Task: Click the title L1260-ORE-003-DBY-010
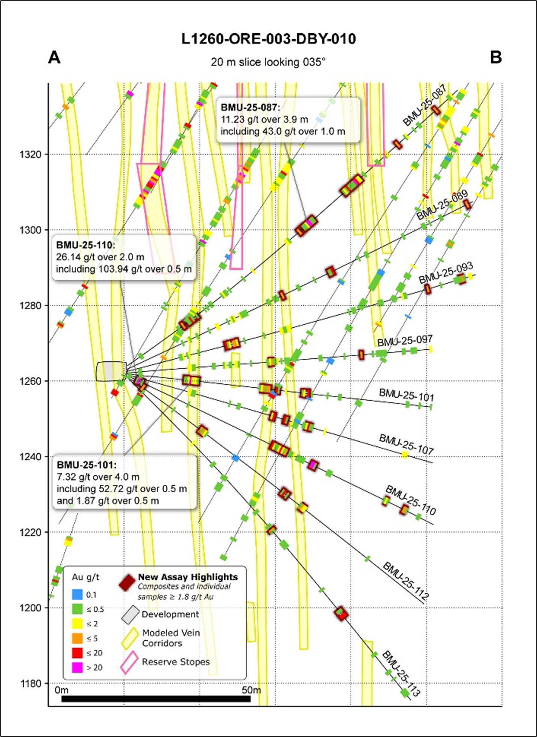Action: click(268, 39)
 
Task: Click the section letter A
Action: click(54, 58)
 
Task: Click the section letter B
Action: click(496, 58)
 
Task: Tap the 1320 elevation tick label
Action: click(31, 154)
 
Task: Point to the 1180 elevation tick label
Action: click(31, 683)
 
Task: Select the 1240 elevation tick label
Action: click(31, 457)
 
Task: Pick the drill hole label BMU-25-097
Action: click(405, 341)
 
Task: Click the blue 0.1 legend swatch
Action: click(77, 595)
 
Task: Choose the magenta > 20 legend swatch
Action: click(77, 667)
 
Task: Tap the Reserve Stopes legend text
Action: click(175, 662)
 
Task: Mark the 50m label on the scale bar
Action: click(251, 690)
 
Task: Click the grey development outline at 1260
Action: click(111, 371)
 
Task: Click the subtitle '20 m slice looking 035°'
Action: click(268, 62)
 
